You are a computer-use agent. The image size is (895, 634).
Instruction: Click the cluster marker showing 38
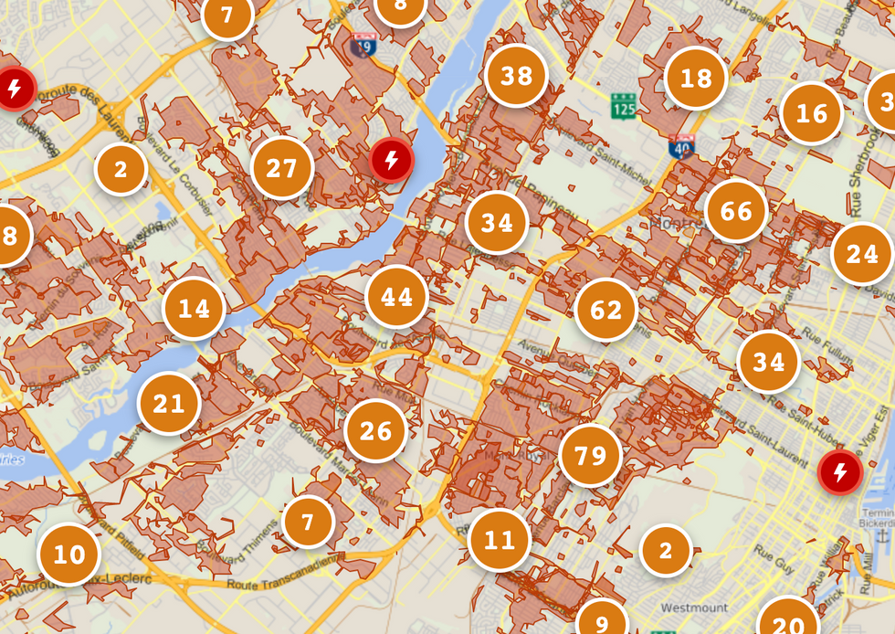pyautogui.click(x=516, y=76)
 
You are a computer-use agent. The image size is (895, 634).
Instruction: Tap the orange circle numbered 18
pyautogui.click(x=696, y=79)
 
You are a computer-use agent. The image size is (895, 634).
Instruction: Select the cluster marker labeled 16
pyautogui.click(x=811, y=113)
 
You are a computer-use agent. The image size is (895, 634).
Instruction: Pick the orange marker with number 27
pyautogui.click(x=281, y=168)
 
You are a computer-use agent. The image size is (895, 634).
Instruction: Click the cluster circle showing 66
pyautogui.click(x=735, y=212)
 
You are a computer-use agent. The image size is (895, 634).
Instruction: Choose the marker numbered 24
pyautogui.click(x=861, y=254)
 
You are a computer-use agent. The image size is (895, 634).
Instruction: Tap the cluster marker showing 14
pyautogui.click(x=194, y=309)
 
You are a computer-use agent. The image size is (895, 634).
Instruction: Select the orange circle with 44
pyautogui.click(x=396, y=297)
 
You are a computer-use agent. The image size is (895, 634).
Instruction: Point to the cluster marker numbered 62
pyautogui.click(x=605, y=311)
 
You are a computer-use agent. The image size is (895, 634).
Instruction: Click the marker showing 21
pyautogui.click(x=169, y=403)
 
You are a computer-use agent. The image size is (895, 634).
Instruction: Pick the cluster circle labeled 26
pyautogui.click(x=375, y=431)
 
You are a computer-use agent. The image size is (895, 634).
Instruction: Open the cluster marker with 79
pyautogui.click(x=590, y=454)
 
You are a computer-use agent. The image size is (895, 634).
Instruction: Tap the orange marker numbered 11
pyautogui.click(x=499, y=540)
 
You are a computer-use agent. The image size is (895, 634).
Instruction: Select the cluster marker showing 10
pyautogui.click(x=68, y=555)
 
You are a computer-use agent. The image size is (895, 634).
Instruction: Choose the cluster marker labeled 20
pyautogui.click(x=787, y=623)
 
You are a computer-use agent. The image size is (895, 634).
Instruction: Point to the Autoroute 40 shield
pyautogui.click(x=681, y=146)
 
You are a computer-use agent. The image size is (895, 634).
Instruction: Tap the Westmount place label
pyautogui.click(x=694, y=608)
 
